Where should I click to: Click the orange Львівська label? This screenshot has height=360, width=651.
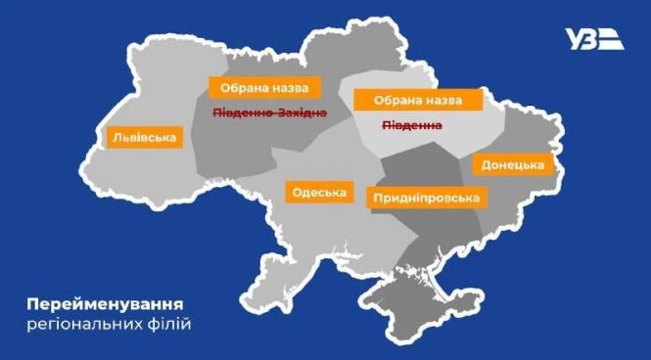(145, 137)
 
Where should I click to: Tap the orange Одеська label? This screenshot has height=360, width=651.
(318, 192)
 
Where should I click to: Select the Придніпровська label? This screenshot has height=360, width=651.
(426, 199)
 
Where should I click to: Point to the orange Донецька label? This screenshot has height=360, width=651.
(513, 164)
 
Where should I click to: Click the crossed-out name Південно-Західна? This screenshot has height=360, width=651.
(269, 114)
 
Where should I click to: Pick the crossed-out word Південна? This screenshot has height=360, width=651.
(411, 126)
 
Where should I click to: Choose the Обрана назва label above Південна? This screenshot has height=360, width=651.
(418, 101)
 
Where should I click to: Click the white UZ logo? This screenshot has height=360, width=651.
(595, 39)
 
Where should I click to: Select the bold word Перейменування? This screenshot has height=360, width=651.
(105, 301)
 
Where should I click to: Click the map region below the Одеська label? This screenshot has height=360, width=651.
(323, 235)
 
